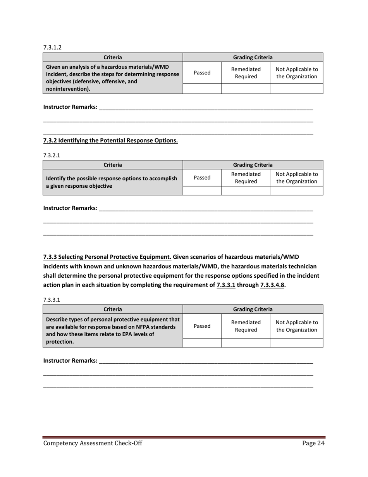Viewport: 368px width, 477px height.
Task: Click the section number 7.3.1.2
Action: pyautogui.click(x=52, y=48)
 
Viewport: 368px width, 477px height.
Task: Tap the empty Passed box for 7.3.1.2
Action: pyautogui.click(x=202, y=89)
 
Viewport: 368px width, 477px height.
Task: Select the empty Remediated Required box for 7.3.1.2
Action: pyautogui.click(x=246, y=89)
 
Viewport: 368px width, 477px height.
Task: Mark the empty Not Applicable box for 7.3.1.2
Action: pyautogui.click(x=296, y=89)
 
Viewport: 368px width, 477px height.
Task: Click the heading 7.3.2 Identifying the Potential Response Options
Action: pyautogui.click(x=110, y=140)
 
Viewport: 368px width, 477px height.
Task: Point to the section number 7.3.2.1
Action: pyautogui.click(x=52, y=155)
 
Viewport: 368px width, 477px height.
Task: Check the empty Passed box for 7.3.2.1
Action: pyautogui.click(x=202, y=190)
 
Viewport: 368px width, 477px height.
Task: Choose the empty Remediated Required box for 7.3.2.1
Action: pyautogui.click(x=246, y=190)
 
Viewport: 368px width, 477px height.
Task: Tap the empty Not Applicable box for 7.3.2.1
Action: pyautogui.click(x=296, y=190)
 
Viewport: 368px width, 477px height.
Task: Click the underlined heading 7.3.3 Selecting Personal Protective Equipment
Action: pyautogui.click(x=107, y=257)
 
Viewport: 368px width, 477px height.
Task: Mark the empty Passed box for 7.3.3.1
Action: pyautogui.click(x=202, y=342)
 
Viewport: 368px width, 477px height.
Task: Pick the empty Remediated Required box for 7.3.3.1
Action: pyautogui.click(x=246, y=342)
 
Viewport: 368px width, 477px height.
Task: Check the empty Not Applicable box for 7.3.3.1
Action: pyautogui.click(x=296, y=342)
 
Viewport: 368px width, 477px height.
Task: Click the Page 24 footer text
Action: pyautogui.click(x=313, y=444)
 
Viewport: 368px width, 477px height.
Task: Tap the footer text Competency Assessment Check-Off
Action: pyautogui.click(x=93, y=444)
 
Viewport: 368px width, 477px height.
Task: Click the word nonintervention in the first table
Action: pyautogui.click(x=68, y=89)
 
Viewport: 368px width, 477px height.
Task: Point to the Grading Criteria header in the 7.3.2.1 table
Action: pyautogui.click(x=253, y=165)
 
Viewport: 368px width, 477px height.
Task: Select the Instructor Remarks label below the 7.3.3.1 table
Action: pyautogui.click(x=70, y=361)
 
